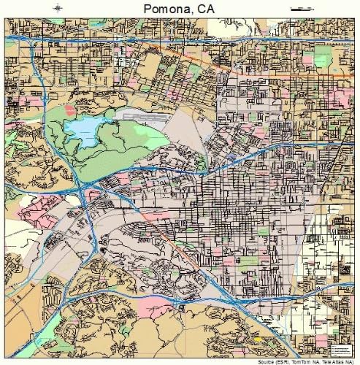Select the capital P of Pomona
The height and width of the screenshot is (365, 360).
click(x=139, y=8)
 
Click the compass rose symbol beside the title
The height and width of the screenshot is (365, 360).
click(x=58, y=8)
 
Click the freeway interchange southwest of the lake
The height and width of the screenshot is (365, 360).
click(x=82, y=191)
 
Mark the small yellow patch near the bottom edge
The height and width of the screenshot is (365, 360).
click(x=257, y=339)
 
